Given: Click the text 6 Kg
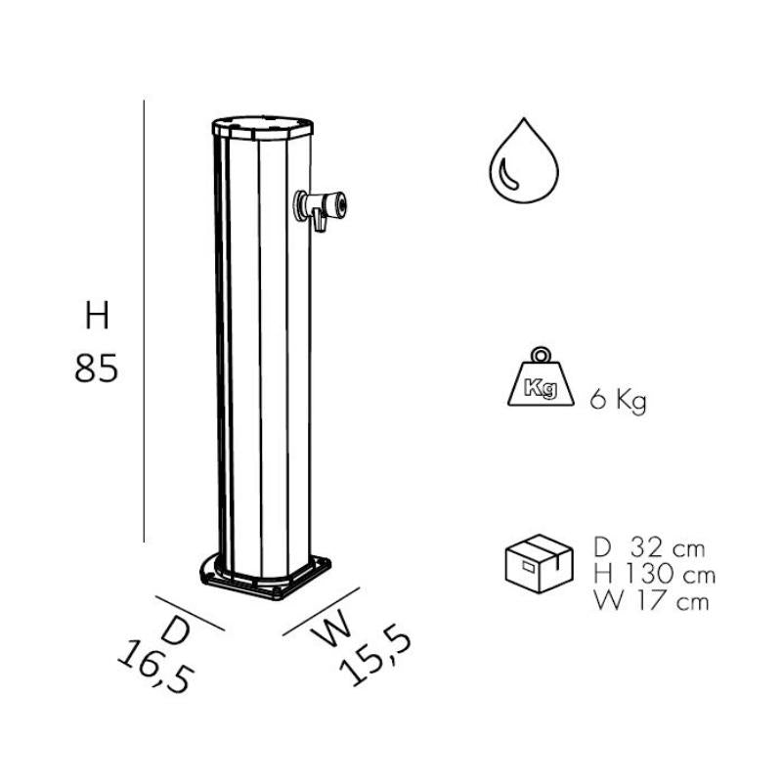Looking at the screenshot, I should pos(618,401).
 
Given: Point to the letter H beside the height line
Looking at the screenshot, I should pos(96,317).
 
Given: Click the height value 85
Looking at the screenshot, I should pos(96,369).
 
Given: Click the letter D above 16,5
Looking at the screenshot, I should pos(176,630).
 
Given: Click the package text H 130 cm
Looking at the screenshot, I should pos(653,574).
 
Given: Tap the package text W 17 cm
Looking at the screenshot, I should pos(650,600).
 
